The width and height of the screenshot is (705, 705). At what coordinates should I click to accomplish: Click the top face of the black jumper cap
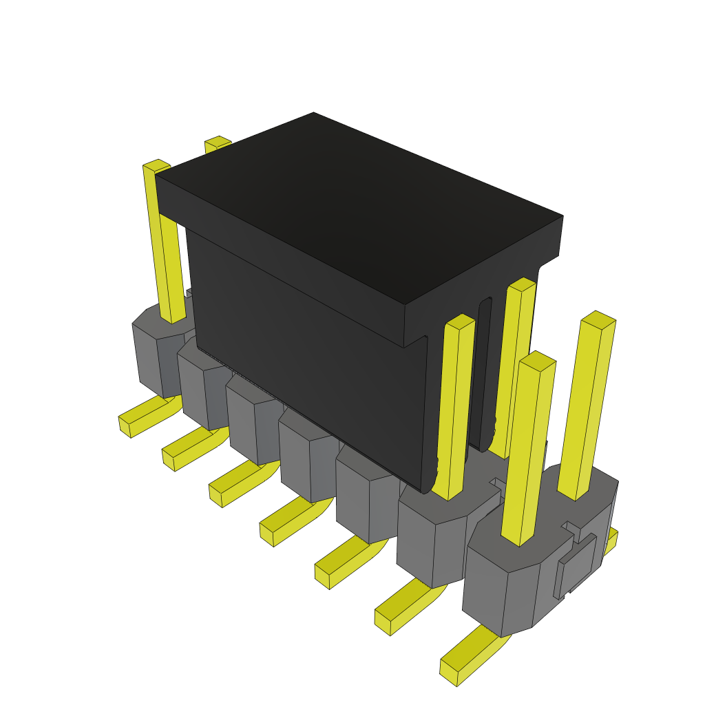(x=358, y=207)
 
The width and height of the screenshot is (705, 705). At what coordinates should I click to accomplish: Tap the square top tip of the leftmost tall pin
(x=156, y=165)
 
